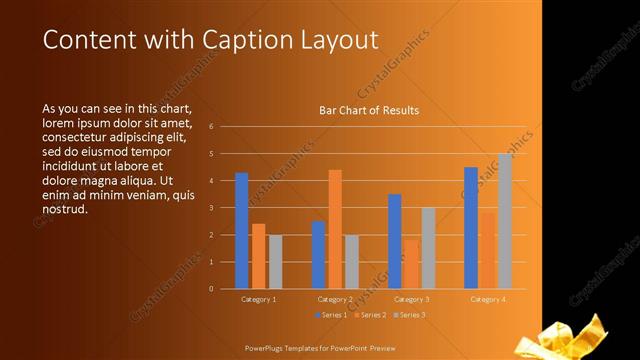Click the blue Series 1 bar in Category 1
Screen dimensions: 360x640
click(x=241, y=231)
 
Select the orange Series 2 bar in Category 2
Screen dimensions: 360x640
click(x=335, y=229)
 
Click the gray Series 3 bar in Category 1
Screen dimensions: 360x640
click(x=275, y=262)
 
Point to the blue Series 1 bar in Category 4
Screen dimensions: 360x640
click(x=471, y=228)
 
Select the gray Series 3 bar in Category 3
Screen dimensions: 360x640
click(x=428, y=248)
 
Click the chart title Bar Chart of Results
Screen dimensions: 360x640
click(x=369, y=110)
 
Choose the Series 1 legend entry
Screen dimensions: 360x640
click(x=333, y=315)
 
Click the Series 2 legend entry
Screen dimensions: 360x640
click(x=370, y=315)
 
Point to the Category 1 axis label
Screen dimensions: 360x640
click(x=259, y=299)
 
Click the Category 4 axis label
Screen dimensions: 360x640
click(x=488, y=299)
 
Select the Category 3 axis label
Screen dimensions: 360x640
click(x=411, y=299)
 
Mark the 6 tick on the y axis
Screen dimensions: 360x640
click(x=211, y=127)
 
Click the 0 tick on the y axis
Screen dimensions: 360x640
click(x=211, y=289)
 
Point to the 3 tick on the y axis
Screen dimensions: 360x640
click(x=211, y=208)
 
